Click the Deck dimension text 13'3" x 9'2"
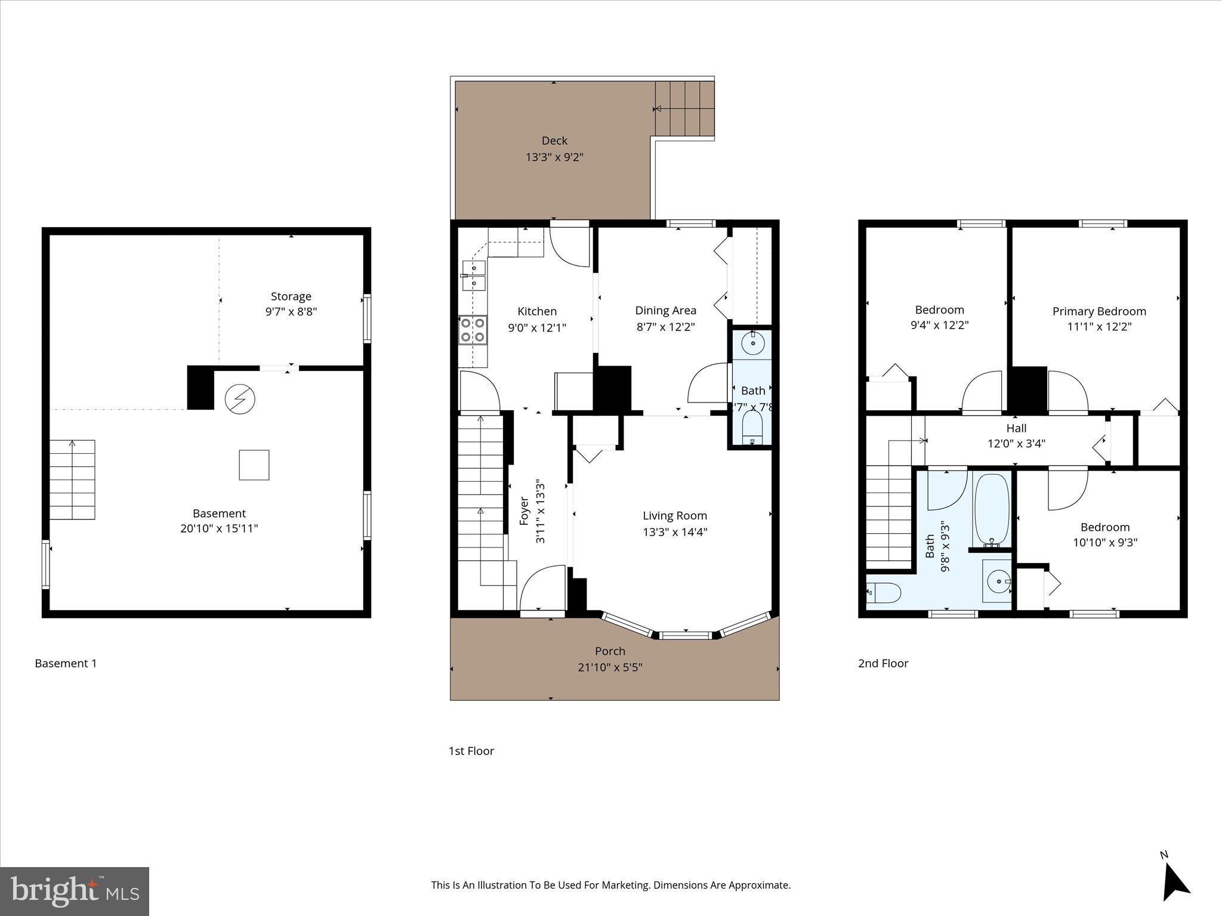click(x=554, y=157)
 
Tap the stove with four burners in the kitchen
click(x=473, y=330)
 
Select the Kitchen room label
click(x=536, y=311)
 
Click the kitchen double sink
click(x=474, y=276)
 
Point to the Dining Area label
click(x=665, y=310)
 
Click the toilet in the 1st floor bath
click(x=752, y=429)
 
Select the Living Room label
click(x=674, y=516)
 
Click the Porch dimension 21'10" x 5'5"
click(x=610, y=667)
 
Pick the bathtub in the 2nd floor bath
click(x=992, y=510)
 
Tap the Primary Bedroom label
click(x=1098, y=311)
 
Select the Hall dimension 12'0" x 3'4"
click(x=1016, y=444)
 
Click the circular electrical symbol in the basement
click(x=240, y=398)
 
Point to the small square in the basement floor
click(x=254, y=465)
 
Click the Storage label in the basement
click(x=291, y=296)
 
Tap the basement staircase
click(x=72, y=480)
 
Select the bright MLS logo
click(x=75, y=891)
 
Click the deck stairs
click(x=684, y=109)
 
